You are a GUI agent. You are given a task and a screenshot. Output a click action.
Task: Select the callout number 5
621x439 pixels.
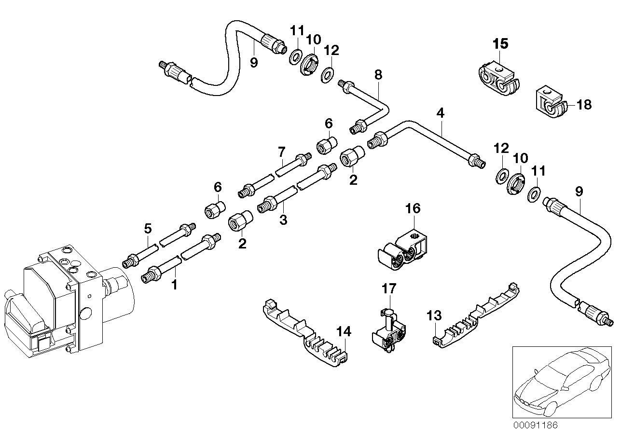click(148, 228)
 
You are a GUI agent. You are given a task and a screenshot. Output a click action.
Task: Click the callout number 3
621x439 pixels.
click(283, 220)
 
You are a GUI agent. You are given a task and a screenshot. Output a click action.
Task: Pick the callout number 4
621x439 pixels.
click(440, 113)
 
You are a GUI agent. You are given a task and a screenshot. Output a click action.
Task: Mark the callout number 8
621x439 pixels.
click(378, 74)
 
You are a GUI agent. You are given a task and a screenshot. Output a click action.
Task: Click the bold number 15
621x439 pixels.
click(500, 44)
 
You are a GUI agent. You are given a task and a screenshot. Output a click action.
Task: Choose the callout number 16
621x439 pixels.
click(413, 208)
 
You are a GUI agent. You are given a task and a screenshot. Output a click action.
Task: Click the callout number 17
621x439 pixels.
click(389, 288)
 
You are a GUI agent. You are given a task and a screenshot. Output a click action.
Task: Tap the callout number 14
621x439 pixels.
click(344, 332)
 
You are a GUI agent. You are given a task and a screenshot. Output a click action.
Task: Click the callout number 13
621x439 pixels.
click(434, 316)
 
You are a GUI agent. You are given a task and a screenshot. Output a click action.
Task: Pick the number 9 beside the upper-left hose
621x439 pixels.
click(254, 62)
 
